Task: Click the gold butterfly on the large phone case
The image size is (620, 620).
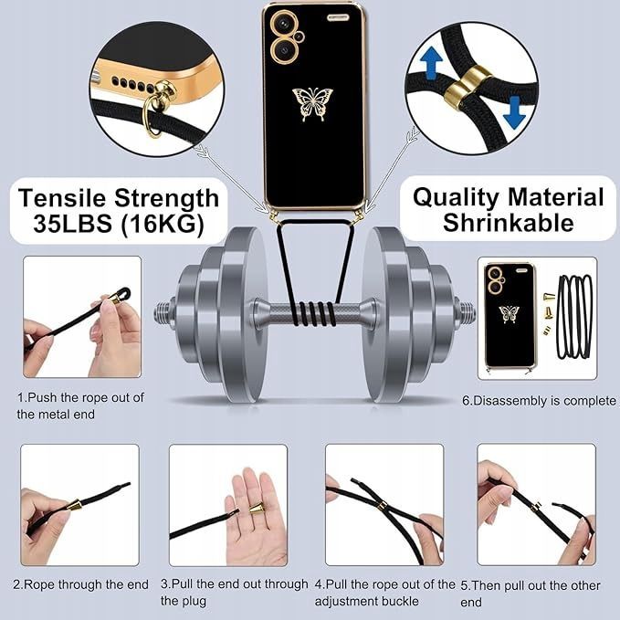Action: pos(312,104)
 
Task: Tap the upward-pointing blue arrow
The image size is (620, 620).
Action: pos(431,63)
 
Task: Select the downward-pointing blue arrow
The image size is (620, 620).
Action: pos(514,112)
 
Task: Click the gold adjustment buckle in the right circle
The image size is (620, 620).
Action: pos(467,87)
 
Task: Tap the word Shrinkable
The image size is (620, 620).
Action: pos(508,222)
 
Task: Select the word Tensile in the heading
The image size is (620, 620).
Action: pos(62,197)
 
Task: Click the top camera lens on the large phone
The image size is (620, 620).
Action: pos(283,24)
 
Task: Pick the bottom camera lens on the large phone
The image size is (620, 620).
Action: pos(283,50)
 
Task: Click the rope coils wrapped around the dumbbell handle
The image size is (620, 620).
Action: pos(314,313)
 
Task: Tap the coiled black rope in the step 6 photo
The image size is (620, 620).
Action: pos(574,316)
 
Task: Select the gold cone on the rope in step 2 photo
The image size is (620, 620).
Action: pos(74,505)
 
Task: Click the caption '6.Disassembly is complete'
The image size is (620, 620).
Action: pos(540,401)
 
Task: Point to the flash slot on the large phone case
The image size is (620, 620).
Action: pos(338,17)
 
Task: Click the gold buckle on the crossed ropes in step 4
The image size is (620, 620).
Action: pos(382,506)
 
